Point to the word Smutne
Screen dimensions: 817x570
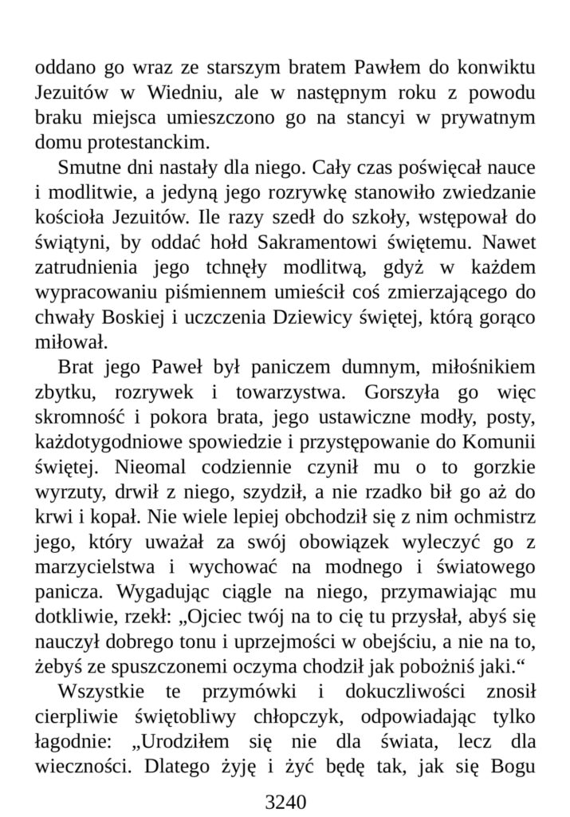pyautogui.click(x=91, y=169)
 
